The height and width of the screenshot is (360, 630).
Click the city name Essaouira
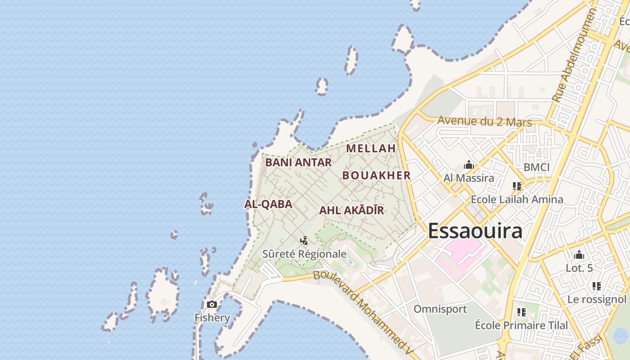475,231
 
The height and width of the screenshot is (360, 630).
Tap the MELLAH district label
371,148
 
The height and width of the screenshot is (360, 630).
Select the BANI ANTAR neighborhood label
298,162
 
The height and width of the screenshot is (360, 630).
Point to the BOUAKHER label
377,175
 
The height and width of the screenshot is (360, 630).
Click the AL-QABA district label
268,204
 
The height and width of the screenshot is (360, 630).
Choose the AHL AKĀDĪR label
351,210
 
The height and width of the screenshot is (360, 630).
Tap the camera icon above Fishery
212,305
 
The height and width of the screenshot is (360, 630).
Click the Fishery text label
212,318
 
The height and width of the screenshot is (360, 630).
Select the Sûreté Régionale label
305,254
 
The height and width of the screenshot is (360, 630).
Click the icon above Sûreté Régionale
305,241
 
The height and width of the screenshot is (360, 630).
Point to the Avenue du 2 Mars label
484,121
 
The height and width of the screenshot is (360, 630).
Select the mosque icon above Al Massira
469,165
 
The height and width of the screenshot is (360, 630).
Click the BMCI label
536,167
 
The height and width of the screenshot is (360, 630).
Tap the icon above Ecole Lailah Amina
517,186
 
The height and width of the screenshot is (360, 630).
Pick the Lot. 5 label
579,268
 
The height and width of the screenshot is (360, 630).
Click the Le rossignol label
597,299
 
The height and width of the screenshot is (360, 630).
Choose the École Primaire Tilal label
522,325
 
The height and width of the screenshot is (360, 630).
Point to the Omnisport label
440,309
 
